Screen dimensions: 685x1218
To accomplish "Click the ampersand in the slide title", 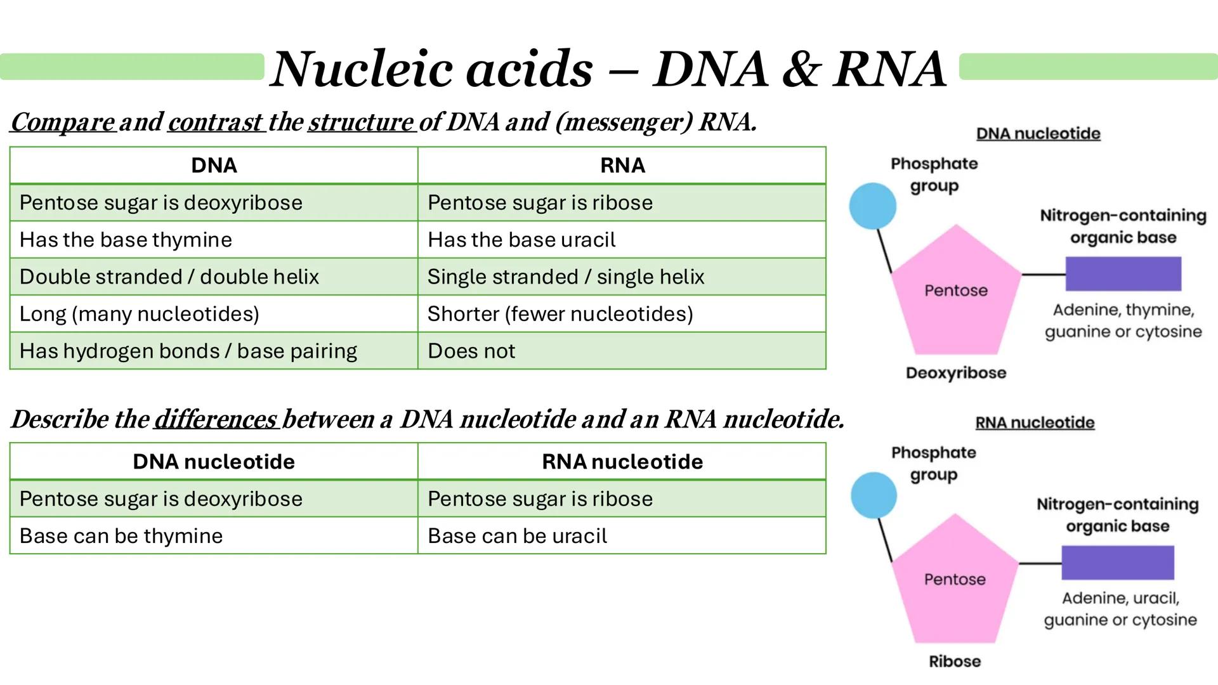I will [x=801, y=70].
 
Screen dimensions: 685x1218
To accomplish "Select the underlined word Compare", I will [x=63, y=122].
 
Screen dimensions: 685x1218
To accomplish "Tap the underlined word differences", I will [x=216, y=419].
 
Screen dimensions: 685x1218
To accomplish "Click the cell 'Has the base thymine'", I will [x=213, y=240].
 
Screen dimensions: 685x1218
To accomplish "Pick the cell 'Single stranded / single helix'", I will [x=621, y=277].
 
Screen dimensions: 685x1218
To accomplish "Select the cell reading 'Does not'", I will [x=621, y=351].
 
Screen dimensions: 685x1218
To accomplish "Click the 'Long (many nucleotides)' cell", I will [x=213, y=314].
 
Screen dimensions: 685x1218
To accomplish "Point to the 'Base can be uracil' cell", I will [x=621, y=536].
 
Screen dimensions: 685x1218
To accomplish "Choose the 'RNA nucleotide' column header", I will [x=622, y=462].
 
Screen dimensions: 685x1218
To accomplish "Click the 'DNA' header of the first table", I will [x=214, y=166].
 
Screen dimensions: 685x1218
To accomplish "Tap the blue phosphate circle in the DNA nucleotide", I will [x=872, y=206].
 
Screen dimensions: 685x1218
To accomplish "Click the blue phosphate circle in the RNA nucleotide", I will [x=874, y=495].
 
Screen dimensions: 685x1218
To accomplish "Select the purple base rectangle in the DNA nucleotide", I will [x=1123, y=274].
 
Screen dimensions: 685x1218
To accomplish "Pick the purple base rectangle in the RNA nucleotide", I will [x=1117, y=563].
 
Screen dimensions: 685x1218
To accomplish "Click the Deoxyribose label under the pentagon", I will [x=955, y=373].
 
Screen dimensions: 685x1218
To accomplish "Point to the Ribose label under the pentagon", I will [x=955, y=662].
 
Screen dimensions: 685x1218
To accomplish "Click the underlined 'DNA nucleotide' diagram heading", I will [x=1038, y=134].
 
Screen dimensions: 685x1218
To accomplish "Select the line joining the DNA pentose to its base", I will [x=1043, y=275].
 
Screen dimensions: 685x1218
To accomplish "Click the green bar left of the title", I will [x=132, y=67].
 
